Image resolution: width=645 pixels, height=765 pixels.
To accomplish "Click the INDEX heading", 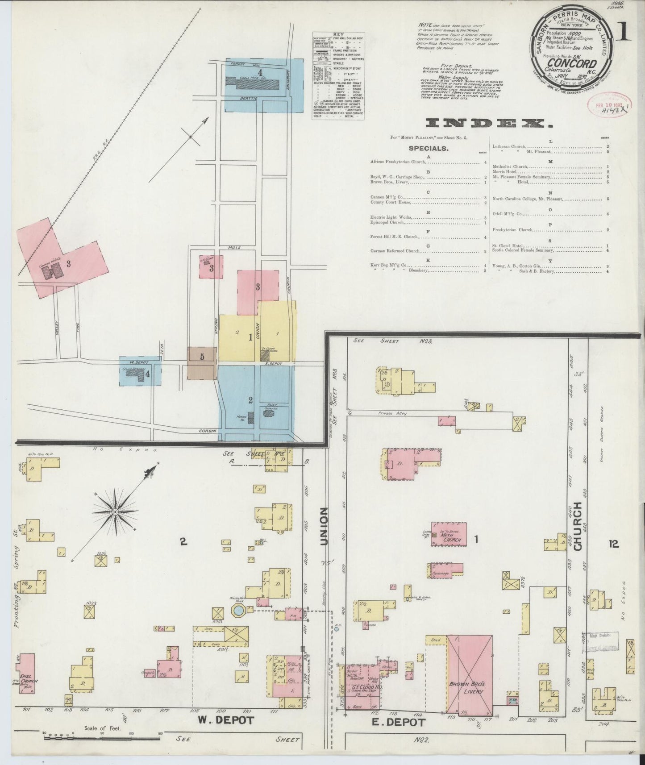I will pos(486,123).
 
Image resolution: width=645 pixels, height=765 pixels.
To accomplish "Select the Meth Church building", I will pos(449,534).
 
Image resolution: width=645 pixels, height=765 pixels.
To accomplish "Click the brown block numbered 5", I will pos(202,364).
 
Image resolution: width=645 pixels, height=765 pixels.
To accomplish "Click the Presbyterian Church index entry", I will pos(513,230).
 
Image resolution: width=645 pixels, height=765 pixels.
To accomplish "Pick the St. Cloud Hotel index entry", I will pos(508,246).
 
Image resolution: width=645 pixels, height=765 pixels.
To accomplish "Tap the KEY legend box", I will pos(338,75).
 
